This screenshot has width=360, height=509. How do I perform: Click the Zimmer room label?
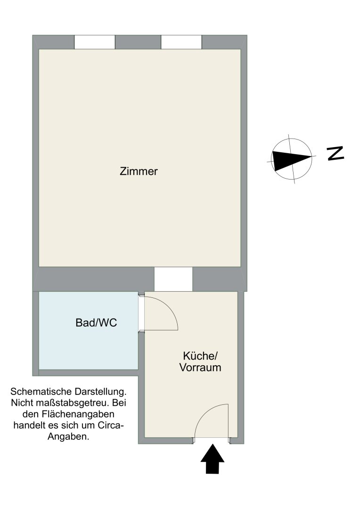[x=139, y=171]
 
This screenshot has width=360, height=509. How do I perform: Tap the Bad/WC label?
[x=96, y=323]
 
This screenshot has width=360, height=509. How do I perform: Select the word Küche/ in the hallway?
[x=200, y=356]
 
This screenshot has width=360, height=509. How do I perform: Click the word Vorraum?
[x=200, y=368]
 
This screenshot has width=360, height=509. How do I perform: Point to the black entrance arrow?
[x=213, y=459]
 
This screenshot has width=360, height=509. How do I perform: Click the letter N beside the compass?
[x=335, y=153]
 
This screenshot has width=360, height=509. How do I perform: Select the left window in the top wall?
[x=94, y=42]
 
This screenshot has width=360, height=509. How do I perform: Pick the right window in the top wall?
[x=181, y=42]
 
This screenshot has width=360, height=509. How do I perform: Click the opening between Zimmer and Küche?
[x=173, y=279]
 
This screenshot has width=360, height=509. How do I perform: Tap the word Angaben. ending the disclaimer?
[x=68, y=436]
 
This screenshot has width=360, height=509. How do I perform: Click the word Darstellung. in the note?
[x=100, y=391]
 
